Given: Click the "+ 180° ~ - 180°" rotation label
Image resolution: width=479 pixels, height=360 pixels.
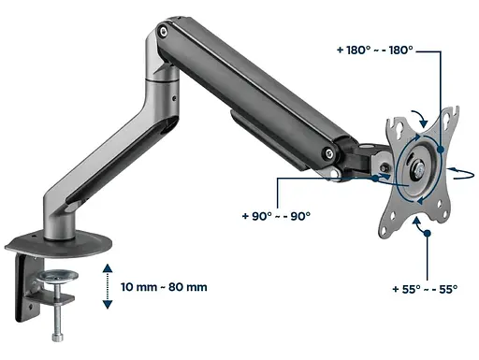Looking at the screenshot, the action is coord(375,50).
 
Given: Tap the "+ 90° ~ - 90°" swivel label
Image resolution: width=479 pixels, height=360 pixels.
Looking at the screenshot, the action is coord(276,216).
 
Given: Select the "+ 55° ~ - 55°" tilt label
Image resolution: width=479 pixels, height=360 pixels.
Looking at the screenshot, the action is coord(425,289).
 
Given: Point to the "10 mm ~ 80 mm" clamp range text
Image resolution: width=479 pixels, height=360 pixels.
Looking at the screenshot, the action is coord(164,287).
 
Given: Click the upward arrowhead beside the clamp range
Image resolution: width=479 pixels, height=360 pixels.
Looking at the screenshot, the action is coord(108,268).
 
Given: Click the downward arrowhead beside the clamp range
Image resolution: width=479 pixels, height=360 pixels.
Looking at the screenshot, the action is coord(108,304).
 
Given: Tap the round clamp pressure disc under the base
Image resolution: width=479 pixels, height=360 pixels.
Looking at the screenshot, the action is coord(58,277).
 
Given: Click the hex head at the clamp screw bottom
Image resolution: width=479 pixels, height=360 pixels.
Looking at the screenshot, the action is coord(58,337).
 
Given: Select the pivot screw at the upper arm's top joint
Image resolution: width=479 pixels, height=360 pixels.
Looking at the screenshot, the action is coord(163,31).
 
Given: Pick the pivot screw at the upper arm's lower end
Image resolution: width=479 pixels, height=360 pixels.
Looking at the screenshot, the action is coord(328,152).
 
